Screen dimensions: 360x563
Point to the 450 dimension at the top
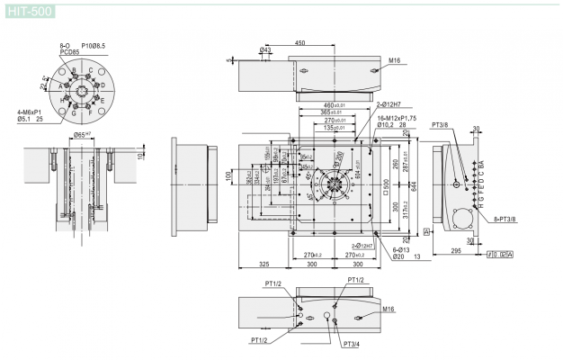click(x=299, y=42)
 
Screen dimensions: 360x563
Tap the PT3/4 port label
click(x=351, y=344)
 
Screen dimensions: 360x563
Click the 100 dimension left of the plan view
click(x=229, y=174)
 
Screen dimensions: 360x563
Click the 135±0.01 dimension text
click(x=335, y=127)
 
